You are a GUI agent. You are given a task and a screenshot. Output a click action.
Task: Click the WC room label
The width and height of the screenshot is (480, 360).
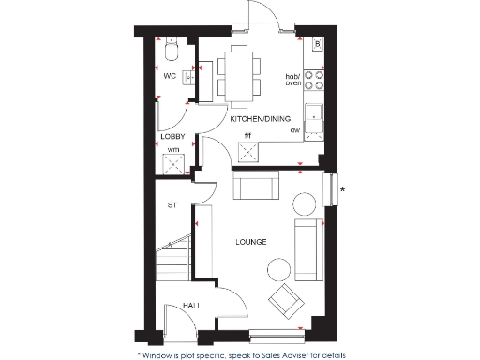[170, 75]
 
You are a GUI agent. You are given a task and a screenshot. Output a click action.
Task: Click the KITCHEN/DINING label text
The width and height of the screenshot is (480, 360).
[261, 119]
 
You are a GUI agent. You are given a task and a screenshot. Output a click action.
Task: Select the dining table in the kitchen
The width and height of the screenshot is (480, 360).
[235, 73]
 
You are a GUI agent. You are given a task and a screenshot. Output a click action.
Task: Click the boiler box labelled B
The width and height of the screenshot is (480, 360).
[317, 45]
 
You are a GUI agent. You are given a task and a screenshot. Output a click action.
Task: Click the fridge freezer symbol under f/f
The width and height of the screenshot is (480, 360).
[247, 151]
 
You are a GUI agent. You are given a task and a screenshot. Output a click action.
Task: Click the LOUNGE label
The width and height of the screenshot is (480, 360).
[251, 242]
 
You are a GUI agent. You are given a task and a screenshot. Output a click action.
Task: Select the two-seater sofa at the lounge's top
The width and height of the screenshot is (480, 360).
[255, 187]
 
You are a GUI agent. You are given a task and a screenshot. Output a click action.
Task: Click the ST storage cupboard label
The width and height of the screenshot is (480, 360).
[172, 204]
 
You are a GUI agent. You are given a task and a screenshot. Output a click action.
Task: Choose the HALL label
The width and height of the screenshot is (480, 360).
[192, 306]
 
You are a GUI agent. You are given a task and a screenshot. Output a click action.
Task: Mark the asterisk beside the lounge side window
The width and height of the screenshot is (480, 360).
[343, 190]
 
